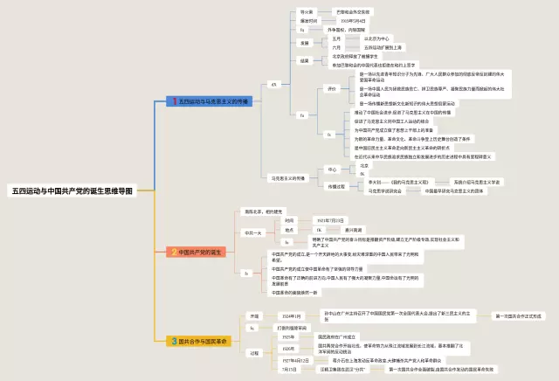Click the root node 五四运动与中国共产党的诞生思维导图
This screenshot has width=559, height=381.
[72, 214]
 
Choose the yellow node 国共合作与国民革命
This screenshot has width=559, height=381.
[203, 341]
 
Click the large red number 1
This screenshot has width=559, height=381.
[174, 101]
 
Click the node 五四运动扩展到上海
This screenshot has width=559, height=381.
[385, 47]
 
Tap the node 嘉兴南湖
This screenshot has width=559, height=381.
[366, 230]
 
